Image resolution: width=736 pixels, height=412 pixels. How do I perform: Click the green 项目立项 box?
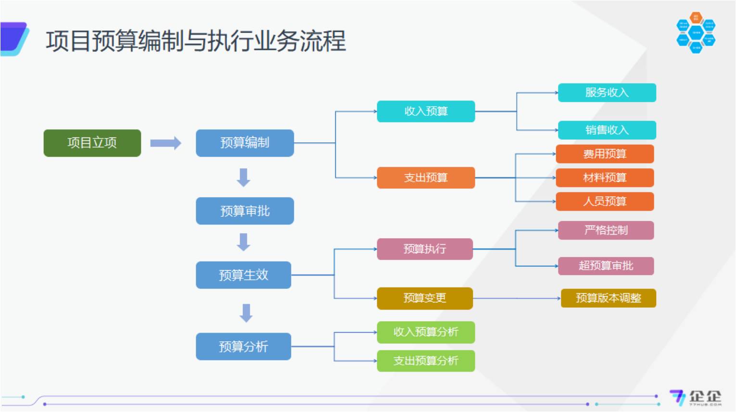[92, 143]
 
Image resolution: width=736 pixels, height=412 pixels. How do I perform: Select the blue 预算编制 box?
[244, 143]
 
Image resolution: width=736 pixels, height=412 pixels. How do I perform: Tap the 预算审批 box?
[244, 211]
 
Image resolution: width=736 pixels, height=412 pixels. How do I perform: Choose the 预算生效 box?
[243, 275]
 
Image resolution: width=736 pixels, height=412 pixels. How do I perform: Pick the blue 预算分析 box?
[243, 347]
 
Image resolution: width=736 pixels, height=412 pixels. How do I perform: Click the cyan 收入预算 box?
[426, 112]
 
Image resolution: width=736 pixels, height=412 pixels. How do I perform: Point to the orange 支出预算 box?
[426, 178]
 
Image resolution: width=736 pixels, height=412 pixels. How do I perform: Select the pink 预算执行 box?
[425, 249]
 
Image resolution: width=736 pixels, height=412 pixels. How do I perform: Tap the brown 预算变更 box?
[425, 299]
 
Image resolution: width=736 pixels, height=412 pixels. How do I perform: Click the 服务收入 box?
[607, 93]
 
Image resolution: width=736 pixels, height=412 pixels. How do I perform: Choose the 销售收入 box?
[607, 130]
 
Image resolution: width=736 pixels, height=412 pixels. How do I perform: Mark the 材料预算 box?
[605, 178]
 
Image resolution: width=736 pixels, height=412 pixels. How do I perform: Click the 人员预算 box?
[605, 201]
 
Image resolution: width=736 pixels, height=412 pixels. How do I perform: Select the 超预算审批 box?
[606, 266]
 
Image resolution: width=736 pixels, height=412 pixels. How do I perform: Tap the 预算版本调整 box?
[608, 298]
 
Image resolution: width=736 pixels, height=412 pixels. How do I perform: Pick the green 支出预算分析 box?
[426, 361]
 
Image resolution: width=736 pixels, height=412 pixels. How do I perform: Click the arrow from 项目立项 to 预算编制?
[165, 143]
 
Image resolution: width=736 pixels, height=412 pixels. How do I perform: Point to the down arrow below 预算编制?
[244, 177]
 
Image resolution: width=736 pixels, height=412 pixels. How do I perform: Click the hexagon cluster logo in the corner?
[696, 33]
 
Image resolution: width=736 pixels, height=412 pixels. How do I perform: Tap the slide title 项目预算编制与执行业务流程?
[196, 41]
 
